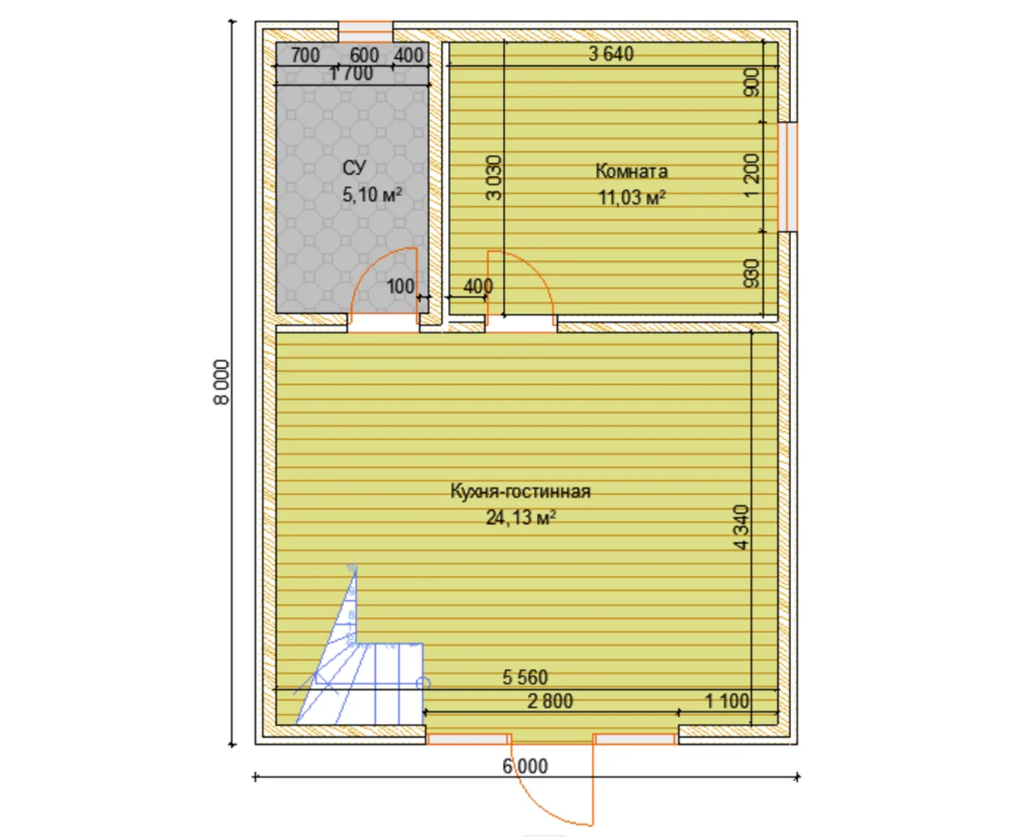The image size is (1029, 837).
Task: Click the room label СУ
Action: [354, 167]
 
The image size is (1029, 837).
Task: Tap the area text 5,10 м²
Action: [371, 195]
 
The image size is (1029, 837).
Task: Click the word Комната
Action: [632, 171]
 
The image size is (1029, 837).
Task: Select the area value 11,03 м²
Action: [632, 197]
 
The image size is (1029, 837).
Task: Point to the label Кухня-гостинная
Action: [520, 491]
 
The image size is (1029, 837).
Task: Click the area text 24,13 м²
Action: [520, 518]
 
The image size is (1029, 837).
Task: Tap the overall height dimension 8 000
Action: [222, 382]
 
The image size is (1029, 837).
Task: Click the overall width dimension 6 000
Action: [525, 766]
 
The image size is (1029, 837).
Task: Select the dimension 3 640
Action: [611, 53]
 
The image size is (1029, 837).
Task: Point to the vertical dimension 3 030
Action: [494, 177]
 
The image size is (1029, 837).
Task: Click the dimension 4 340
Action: [742, 527]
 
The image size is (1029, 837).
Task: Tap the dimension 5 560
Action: [525, 677]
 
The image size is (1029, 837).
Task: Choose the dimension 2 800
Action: [550, 701]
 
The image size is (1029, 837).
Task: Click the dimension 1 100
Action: [727, 701]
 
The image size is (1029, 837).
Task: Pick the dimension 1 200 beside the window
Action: [752, 175]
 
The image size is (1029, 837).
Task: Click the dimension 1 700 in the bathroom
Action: [351, 74]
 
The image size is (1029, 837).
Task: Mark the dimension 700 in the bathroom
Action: [305, 55]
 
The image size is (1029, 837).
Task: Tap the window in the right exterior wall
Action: [787, 177]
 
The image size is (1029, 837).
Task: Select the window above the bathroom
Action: [365, 32]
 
